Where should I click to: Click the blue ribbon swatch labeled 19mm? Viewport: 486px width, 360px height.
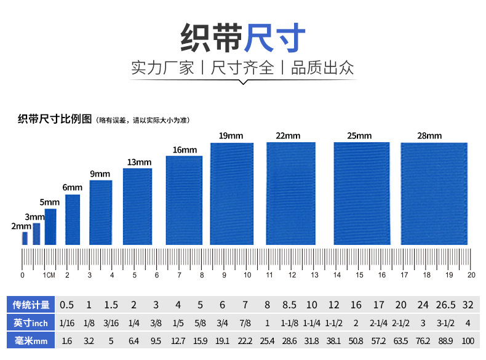(x=232, y=193)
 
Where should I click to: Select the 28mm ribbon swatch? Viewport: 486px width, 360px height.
(x=434, y=193)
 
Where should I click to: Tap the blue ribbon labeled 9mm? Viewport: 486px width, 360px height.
(x=101, y=212)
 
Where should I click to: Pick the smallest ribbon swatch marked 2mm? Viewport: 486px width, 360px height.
(x=25, y=238)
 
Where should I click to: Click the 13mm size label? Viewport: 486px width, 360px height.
(x=139, y=162)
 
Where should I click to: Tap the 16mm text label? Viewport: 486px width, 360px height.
(x=185, y=150)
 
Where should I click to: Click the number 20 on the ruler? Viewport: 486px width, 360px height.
(x=471, y=275)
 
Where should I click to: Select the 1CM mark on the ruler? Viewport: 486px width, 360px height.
(x=49, y=275)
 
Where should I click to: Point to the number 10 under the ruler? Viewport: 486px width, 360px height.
(x=247, y=275)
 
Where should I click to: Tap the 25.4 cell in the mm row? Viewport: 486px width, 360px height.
(x=267, y=340)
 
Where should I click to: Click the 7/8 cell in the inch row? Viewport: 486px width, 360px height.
(x=245, y=322)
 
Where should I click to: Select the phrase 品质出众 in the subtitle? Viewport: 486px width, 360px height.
(x=322, y=68)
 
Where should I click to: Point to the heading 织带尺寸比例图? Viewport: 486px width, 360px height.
(x=55, y=119)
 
